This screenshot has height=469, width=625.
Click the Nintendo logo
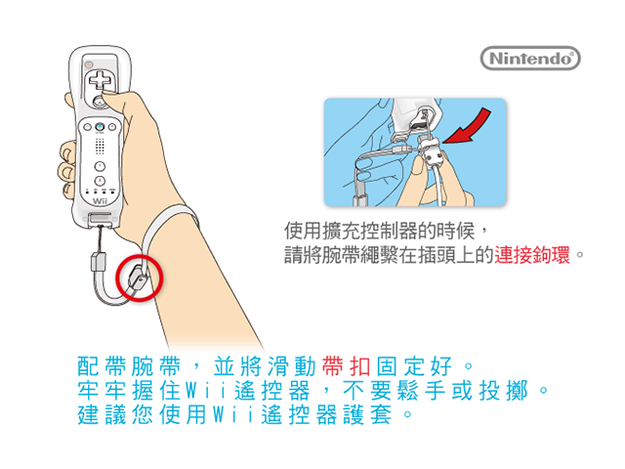[530, 59]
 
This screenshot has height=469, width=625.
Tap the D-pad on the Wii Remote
[100, 80]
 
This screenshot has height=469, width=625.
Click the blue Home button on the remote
[100, 127]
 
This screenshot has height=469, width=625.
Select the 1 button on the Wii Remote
[100, 166]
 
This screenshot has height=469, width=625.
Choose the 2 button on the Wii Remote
[100, 181]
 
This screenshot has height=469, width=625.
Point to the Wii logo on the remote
[100, 200]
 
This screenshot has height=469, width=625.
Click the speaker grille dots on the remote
[100, 147]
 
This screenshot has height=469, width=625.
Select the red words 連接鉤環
[532, 255]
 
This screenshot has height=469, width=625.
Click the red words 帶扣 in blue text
[346, 366]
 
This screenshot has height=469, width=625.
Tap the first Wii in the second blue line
[205, 391]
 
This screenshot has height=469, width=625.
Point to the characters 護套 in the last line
[367, 414]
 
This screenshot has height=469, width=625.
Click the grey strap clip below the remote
[98, 262]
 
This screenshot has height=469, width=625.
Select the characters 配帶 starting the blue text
[102, 366]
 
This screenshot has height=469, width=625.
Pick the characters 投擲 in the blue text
[504, 391]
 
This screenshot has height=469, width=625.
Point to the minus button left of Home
[87, 127]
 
